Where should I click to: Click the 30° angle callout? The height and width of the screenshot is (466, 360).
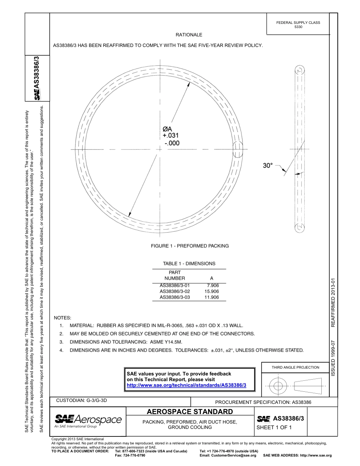268,166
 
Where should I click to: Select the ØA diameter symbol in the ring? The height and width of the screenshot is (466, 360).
167,129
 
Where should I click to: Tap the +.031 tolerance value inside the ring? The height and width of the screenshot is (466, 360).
171,136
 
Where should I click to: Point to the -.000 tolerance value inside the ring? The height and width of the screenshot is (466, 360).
172,143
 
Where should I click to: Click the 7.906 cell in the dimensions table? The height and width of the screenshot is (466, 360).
213,285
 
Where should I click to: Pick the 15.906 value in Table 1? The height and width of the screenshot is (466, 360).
211,291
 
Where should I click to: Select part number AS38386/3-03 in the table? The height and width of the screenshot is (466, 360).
175,297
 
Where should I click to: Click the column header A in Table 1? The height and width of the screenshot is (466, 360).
211,278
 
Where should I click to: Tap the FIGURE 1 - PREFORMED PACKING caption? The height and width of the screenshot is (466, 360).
190,246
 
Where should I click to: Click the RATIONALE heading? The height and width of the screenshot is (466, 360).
189,35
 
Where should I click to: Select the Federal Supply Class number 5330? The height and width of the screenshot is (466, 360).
298,27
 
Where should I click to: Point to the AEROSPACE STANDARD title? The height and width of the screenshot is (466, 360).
189,411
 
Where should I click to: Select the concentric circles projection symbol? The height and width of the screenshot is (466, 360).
278,386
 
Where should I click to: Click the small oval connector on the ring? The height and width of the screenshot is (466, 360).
239,149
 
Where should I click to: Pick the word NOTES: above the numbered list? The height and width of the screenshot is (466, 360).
63,317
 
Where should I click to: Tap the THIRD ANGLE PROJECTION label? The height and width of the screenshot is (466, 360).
295,367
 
